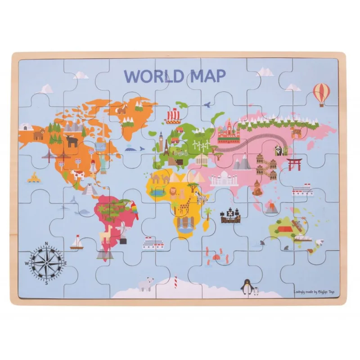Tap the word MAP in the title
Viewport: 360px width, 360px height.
(205, 76)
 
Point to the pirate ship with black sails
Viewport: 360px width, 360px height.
(230, 216)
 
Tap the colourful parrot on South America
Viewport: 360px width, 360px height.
(134, 210)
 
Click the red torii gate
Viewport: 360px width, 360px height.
(295, 164)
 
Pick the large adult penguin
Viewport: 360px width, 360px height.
(246, 286)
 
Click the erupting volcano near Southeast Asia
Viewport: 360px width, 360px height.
(272, 207)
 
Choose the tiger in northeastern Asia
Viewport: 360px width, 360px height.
(296, 132)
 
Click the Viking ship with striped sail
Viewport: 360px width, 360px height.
(173, 117)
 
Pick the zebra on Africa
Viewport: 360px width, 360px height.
(200, 196)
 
